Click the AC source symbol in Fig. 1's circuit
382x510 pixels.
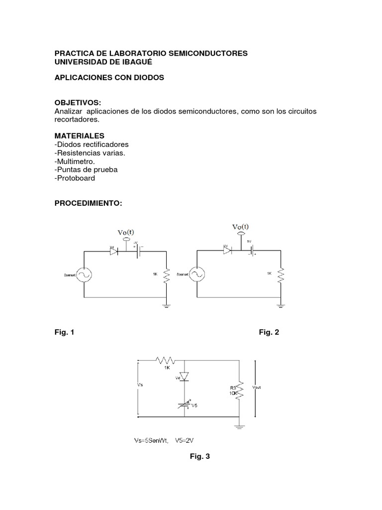click(83, 275)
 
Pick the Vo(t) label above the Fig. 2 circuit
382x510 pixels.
click(241, 227)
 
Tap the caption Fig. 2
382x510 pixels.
click(269, 332)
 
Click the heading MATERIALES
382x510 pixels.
click(80, 135)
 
